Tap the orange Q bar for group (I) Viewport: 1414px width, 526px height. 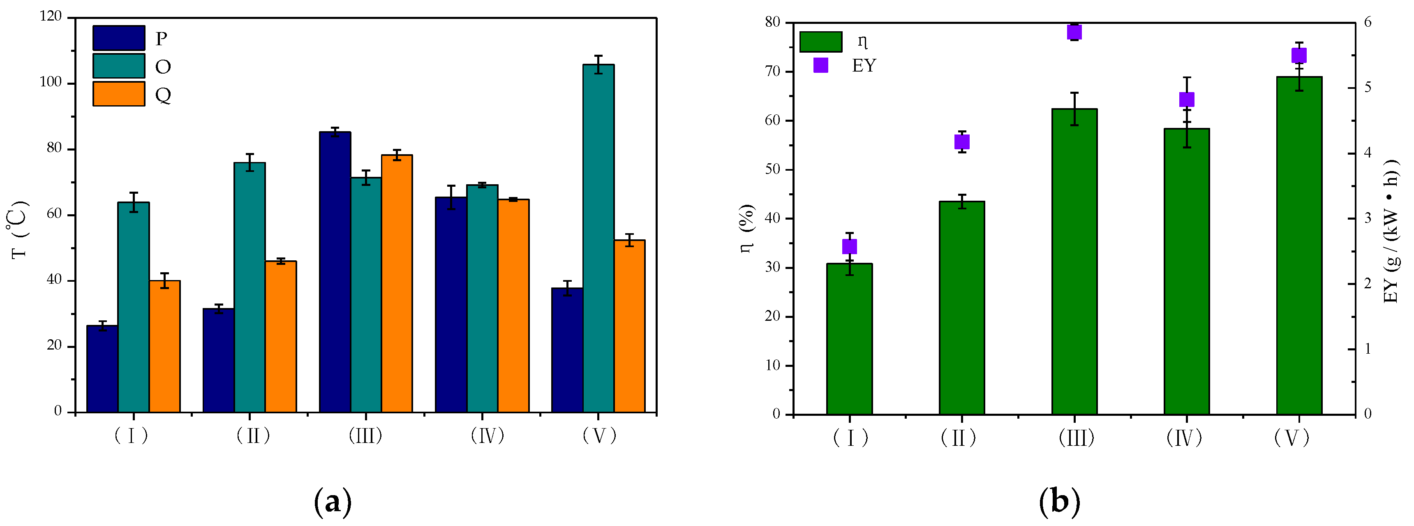tap(165, 346)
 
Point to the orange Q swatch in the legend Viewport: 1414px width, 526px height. tap(118, 94)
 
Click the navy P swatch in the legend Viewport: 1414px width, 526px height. tap(118, 38)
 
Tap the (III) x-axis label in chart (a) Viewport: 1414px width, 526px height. tap(365, 436)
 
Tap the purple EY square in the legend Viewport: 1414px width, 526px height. tap(820, 65)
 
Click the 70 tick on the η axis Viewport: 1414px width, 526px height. tap(773, 72)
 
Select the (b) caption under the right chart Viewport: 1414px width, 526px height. tap(1059, 501)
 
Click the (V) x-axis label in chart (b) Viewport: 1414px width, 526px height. tap(1292, 438)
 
